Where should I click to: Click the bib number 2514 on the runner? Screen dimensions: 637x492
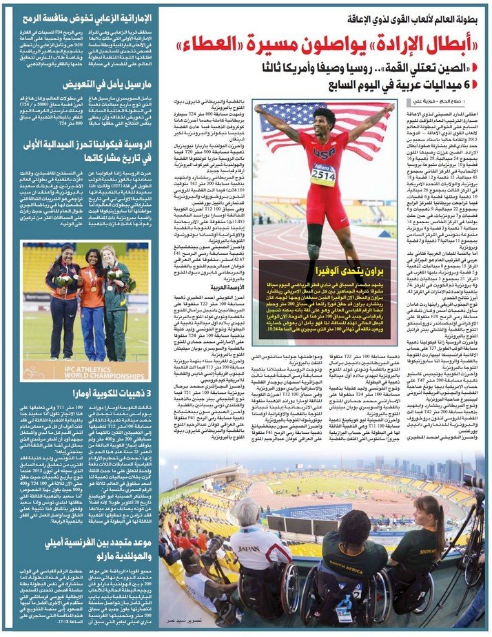pyautogui.click(x=322, y=175)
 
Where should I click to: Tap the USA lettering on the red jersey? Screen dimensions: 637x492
pyautogui.click(x=323, y=152)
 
